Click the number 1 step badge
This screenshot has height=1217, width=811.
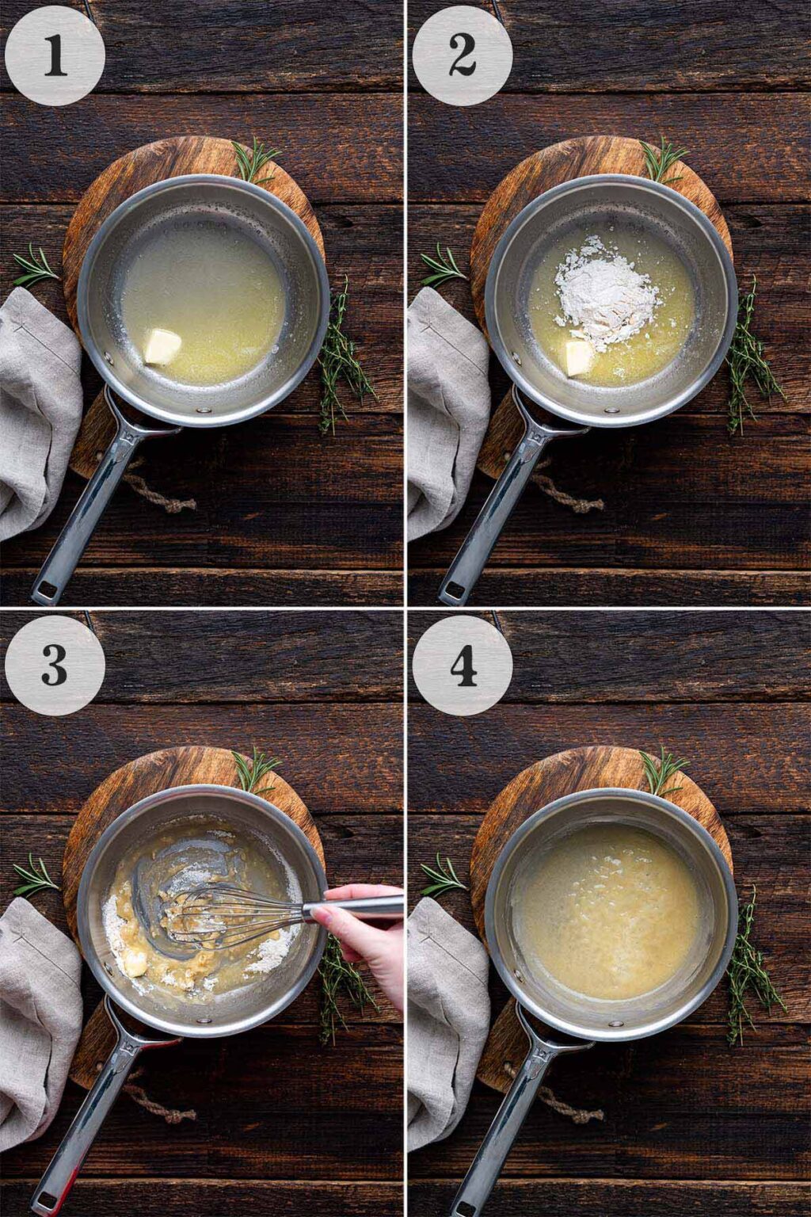(55, 55)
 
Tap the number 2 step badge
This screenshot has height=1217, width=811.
(463, 55)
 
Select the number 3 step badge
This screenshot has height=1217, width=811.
(55, 666)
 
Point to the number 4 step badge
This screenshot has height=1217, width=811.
(463, 666)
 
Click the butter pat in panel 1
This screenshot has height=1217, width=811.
(163, 347)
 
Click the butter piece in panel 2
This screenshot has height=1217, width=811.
(577, 357)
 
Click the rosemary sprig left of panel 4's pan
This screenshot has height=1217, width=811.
(442, 876)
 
